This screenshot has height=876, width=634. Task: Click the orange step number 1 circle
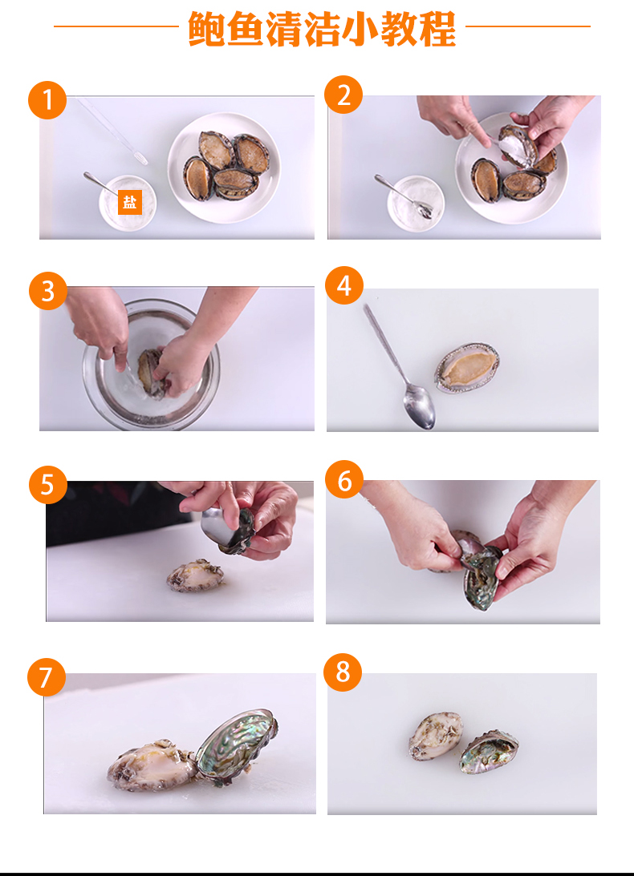[47, 100]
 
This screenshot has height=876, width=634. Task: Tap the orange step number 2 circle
[343, 95]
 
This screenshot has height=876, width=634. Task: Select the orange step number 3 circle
[48, 290]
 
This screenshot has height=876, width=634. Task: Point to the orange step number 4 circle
[344, 285]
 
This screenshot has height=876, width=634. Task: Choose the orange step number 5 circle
[48, 484]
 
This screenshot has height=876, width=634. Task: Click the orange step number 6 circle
[344, 479]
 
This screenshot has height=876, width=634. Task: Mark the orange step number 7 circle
[47, 677]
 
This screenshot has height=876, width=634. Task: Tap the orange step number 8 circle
[343, 672]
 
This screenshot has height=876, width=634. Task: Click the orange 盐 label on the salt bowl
[130, 202]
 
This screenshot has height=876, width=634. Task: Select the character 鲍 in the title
[206, 29]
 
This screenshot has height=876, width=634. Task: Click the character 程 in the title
[437, 29]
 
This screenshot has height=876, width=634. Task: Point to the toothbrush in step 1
[112, 132]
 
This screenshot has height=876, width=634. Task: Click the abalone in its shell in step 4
[467, 368]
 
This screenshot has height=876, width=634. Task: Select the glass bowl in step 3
[151, 364]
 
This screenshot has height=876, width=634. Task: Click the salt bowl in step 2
[416, 203]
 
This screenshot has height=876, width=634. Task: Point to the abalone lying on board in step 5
[197, 575]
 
